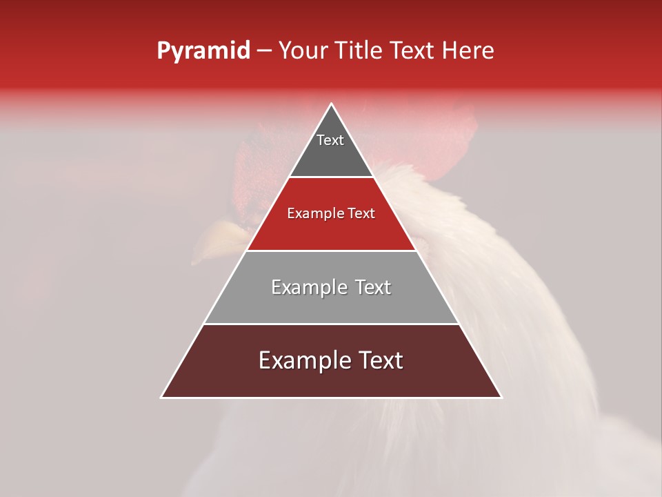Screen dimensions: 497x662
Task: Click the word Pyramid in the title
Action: (203, 51)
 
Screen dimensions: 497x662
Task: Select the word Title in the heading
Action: (359, 51)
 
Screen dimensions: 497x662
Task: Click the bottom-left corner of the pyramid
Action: (162, 397)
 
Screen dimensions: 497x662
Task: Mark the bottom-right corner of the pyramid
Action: (501, 397)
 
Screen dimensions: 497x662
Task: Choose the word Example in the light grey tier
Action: (308, 287)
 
